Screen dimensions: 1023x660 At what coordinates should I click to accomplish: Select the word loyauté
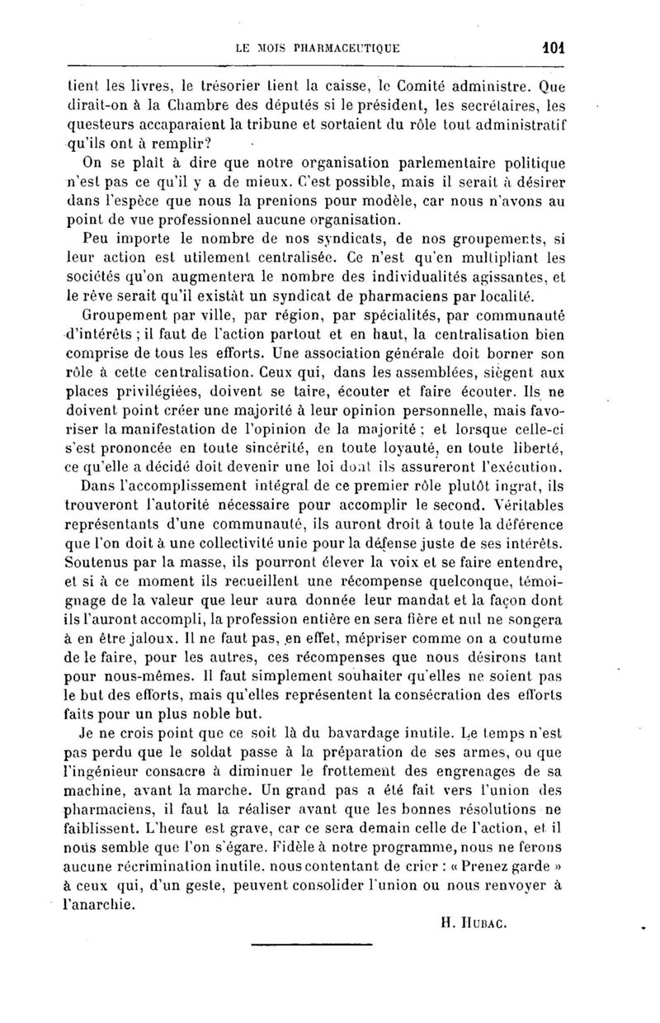tap(402, 448)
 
